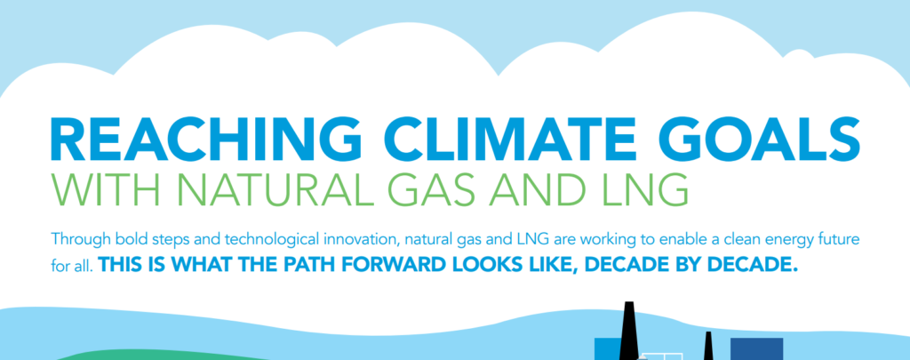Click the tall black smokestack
628,331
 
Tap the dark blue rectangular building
757,349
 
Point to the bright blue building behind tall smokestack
607,349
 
